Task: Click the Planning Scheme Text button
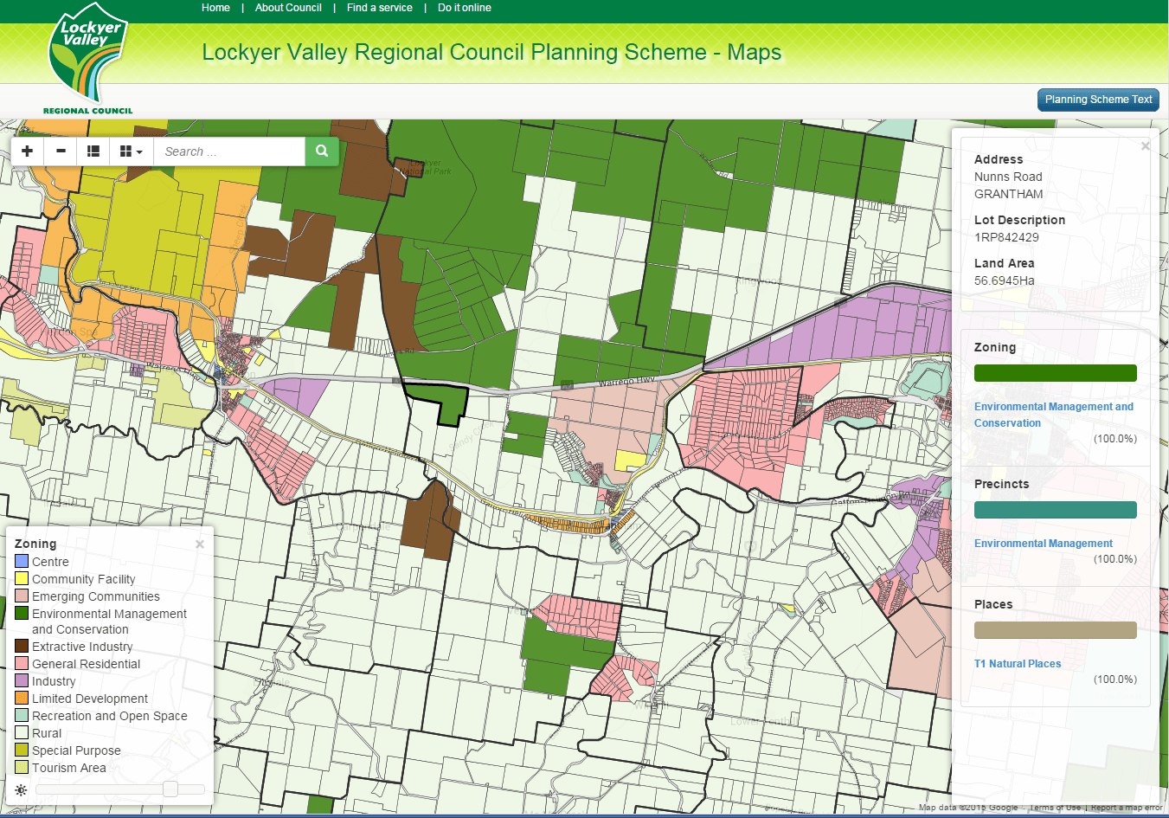[1097, 100]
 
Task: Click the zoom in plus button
[28, 151]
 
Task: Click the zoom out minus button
[61, 151]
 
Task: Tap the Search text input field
[229, 151]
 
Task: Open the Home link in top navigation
[215, 8]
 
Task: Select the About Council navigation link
[288, 8]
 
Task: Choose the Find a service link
[379, 8]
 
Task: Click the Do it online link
[464, 8]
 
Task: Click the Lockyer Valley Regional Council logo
[88, 59]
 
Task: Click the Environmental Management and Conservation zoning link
[1053, 415]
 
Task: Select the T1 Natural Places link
[1017, 664]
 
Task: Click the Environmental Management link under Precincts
[1043, 544]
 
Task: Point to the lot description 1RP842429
[1006, 237]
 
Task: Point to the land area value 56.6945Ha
[1004, 280]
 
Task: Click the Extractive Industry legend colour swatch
[22, 647]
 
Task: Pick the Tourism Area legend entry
[68, 768]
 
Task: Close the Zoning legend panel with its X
[200, 544]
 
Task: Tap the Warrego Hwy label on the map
[626, 382]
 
